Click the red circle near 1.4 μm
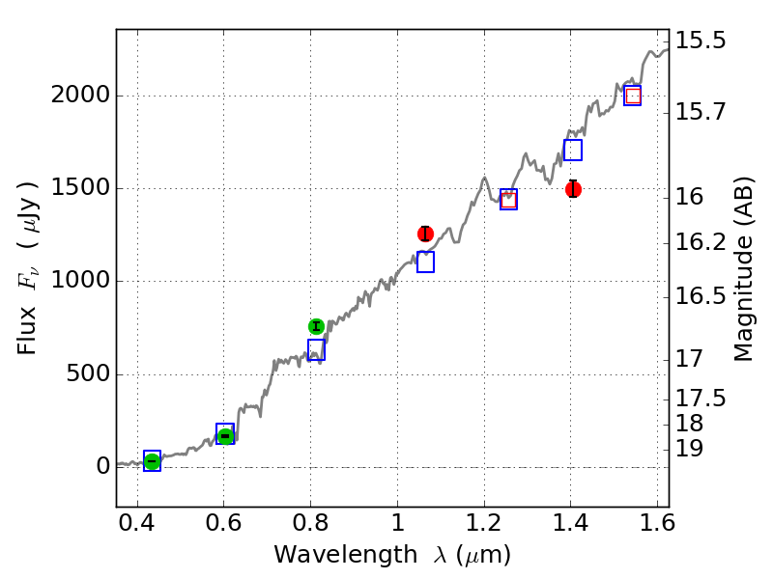(x=573, y=189)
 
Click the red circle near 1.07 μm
(x=425, y=234)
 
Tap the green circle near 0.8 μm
(x=316, y=326)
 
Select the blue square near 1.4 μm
(x=573, y=150)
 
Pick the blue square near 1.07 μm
(x=425, y=262)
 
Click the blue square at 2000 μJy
(x=633, y=96)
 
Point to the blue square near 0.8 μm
(x=316, y=349)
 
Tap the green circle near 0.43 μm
(x=152, y=461)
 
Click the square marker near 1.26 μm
(x=508, y=199)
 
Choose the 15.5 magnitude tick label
(x=701, y=41)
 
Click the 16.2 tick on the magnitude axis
(x=701, y=242)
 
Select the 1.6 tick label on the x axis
(x=657, y=528)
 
